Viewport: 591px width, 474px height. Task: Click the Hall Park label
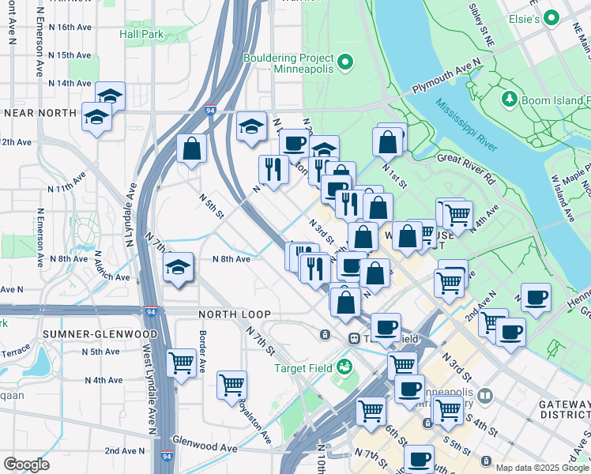(x=141, y=34)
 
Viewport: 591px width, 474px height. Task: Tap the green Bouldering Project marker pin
(x=344, y=62)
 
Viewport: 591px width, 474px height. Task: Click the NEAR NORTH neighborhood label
(x=39, y=113)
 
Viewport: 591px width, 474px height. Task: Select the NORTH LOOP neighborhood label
(x=228, y=314)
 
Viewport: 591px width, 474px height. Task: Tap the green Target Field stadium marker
(x=344, y=367)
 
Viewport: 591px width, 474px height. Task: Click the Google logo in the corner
(x=26, y=464)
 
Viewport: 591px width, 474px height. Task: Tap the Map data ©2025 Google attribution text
(x=542, y=468)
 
